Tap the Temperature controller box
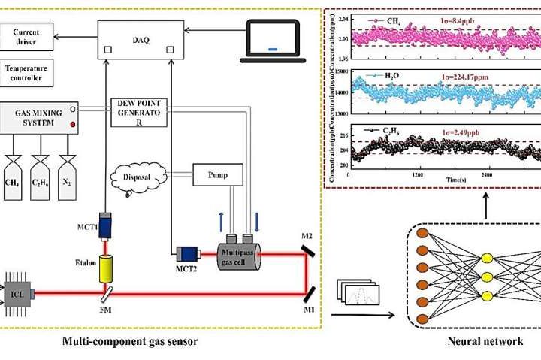coord(30,72)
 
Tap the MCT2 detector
coord(186,257)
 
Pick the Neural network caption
coord(471,342)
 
